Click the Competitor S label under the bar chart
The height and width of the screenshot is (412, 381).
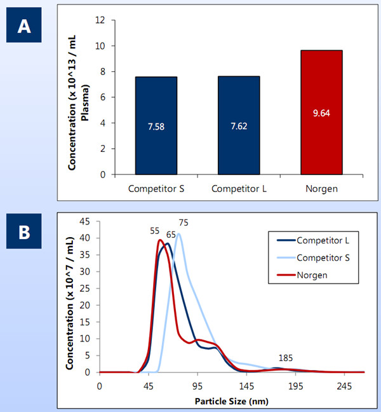(155, 189)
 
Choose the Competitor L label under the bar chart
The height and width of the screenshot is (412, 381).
(238, 189)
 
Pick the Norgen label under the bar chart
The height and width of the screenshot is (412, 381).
(321, 189)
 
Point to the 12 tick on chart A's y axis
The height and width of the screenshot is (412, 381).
(98, 20)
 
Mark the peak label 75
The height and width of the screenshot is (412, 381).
(183, 223)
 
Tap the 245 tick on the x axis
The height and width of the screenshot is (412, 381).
(344, 386)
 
